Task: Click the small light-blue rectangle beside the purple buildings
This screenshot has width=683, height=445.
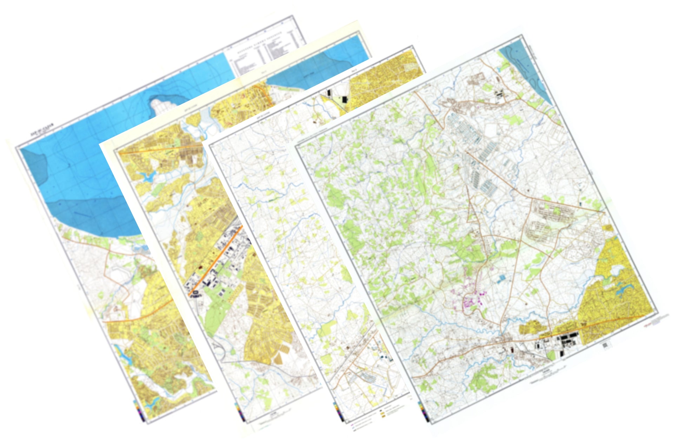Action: coord(501,278)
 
